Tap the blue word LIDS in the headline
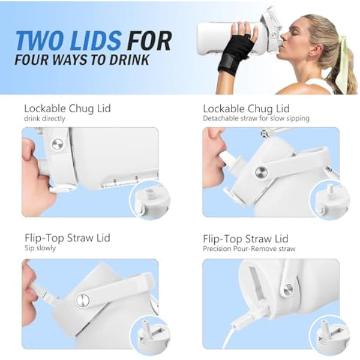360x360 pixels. point(96,41)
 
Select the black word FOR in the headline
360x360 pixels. point(149,41)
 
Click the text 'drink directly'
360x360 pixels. point(44,119)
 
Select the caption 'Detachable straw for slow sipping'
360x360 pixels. point(256,118)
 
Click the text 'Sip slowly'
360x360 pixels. point(40,248)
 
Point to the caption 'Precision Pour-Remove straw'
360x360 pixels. point(249,248)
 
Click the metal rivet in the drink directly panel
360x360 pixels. point(58,144)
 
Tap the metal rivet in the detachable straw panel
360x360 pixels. point(261,172)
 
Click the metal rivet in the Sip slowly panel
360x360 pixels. point(83,301)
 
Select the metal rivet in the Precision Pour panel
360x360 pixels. point(288,290)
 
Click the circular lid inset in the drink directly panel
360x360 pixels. point(149,200)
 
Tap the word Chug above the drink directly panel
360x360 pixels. point(81,109)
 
